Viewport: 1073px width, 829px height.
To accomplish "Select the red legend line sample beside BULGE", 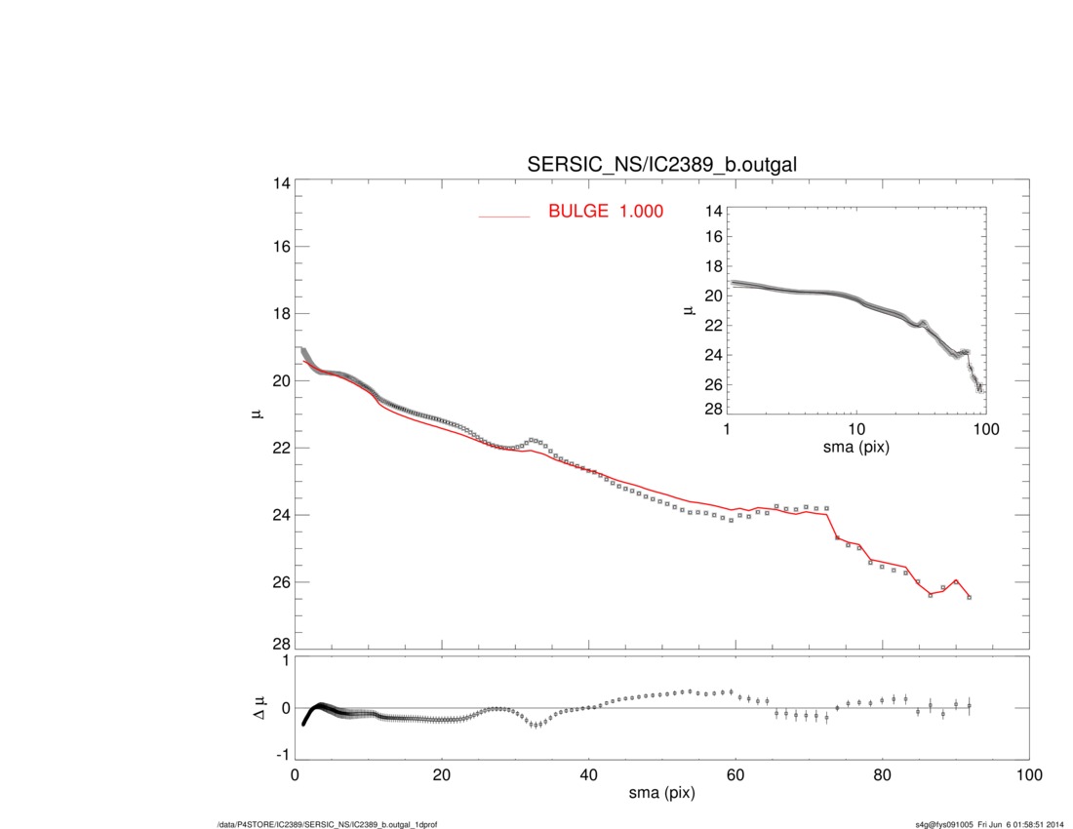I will (504, 215).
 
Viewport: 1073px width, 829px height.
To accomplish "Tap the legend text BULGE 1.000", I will (606, 211).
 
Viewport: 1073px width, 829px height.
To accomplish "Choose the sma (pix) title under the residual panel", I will (661, 795).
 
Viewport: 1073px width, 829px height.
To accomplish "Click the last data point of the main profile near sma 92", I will (969, 597).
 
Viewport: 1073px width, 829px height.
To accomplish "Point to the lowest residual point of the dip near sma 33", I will (536, 726).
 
